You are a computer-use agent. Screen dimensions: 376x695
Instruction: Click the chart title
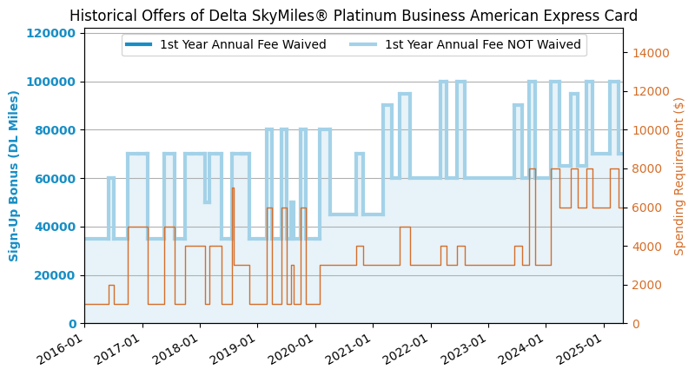pyautogui.click(x=354, y=16)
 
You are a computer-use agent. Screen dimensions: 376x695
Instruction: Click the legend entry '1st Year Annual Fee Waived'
pyautogui.click(x=242, y=45)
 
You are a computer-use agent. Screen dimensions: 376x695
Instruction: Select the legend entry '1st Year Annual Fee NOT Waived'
pyautogui.click(x=482, y=45)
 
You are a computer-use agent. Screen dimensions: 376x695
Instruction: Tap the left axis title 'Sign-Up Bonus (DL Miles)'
pyautogui.click(x=15, y=175)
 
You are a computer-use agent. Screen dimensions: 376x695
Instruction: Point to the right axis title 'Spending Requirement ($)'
pyautogui.click(x=679, y=175)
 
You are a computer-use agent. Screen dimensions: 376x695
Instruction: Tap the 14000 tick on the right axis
pyautogui.click(x=650, y=53)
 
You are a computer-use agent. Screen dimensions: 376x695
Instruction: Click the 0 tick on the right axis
pyautogui.click(x=633, y=323)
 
